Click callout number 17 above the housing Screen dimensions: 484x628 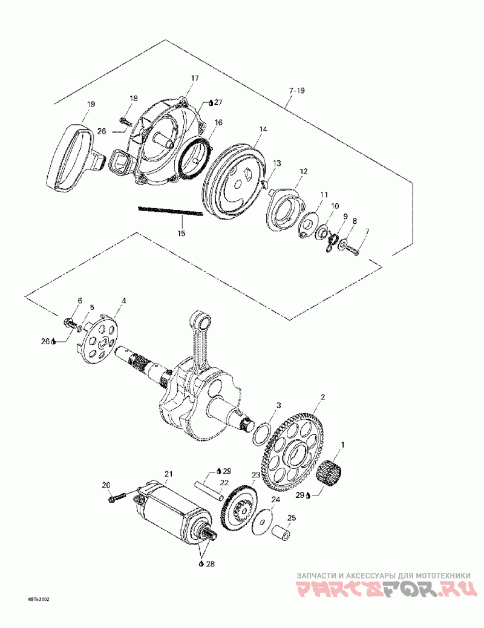pyautogui.click(x=195, y=79)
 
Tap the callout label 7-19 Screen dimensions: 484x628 pyautogui.click(x=296, y=91)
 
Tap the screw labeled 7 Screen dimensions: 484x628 pyautogui.click(x=353, y=250)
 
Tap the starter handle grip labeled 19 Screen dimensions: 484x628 pyautogui.click(x=78, y=154)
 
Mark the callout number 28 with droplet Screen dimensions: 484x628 pyautogui.click(x=208, y=564)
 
